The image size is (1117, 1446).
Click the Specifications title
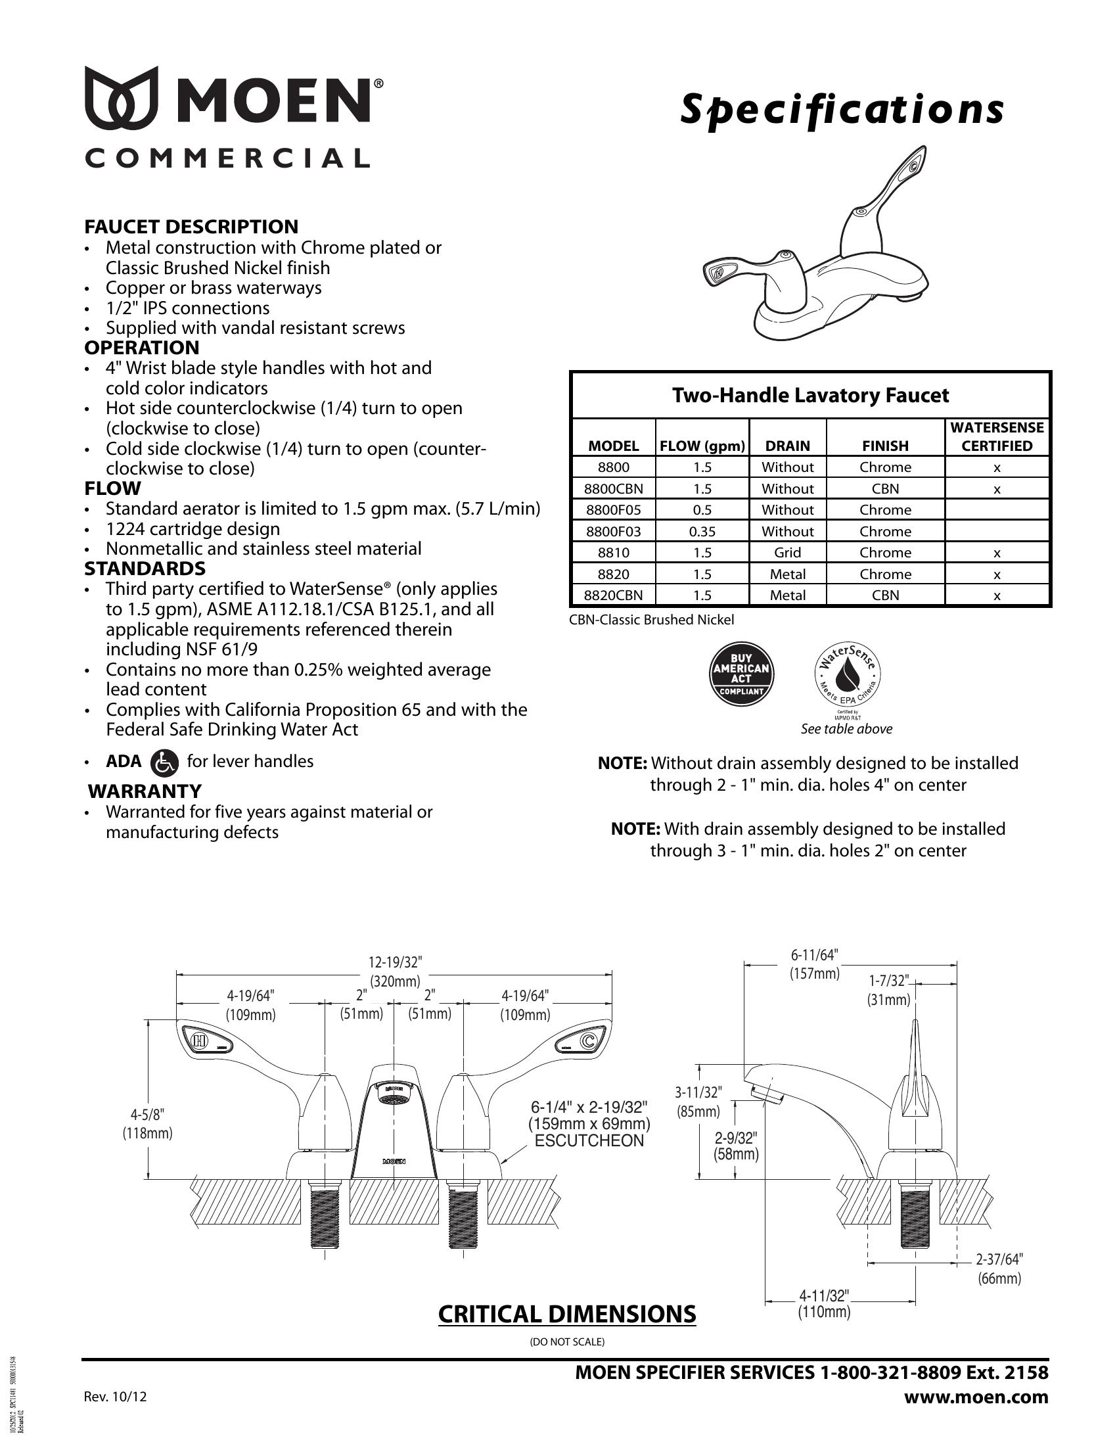(x=842, y=110)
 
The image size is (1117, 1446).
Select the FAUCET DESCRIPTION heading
(x=191, y=227)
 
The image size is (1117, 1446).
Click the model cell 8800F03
(x=614, y=531)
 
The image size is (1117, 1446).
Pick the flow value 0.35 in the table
(x=702, y=531)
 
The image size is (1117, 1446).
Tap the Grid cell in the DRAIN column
(x=787, y=552)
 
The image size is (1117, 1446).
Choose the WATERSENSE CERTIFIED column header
(x=997, y=436)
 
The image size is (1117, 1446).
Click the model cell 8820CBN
(x=614, y=595)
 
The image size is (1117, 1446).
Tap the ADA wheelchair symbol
(x=164, y=762)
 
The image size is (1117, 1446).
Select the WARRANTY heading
(x=145, y=791)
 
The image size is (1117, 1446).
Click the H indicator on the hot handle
(x=198, y=1042)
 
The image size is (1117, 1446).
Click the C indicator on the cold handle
(x=587, y=1042)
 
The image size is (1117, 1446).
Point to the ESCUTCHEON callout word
(x=589, y=1140)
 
